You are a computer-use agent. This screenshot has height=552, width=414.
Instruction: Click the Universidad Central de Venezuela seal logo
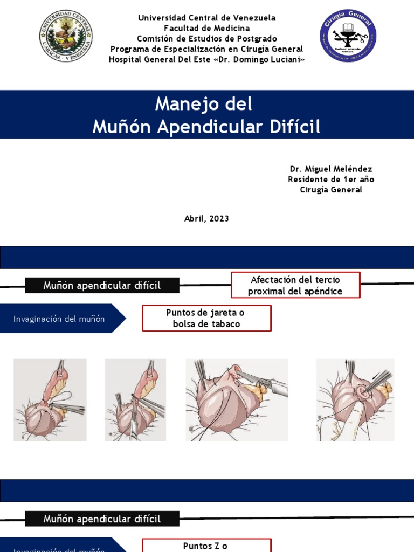click(x=66, y=36)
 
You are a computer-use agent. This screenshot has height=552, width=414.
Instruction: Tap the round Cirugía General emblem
click(x=348, y=36)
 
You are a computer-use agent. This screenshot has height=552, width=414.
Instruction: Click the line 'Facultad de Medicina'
click(x=206, y=28)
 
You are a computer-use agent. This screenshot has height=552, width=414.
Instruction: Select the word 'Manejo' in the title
click(x=182, y=103)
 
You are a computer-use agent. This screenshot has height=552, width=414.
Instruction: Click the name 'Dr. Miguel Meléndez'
click(x=331, y=169)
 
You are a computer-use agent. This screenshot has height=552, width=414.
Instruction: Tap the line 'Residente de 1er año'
click(x=331, y=180)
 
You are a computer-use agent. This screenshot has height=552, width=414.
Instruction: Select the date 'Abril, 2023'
click(x=206, y=218)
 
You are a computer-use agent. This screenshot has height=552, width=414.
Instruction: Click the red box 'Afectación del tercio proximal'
click(x=295, y=285)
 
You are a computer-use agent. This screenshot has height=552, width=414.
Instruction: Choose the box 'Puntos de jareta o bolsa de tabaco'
click(x=206, y=318)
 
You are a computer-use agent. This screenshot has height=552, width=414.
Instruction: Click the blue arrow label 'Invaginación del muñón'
click(x=59, y=319)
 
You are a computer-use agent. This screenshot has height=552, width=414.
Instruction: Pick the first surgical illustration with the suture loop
click(x=50, y=400)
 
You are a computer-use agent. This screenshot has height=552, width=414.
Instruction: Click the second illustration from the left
click(x=135, y=400)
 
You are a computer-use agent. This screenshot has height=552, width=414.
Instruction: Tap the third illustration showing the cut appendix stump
click(x=237, y=400)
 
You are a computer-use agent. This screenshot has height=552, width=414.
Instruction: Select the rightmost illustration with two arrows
click(x=355, y=400)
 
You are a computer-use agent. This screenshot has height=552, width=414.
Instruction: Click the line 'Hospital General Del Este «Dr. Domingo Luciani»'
click(x=206, y=59)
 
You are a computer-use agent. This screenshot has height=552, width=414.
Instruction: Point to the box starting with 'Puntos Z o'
click(x=206, y=545)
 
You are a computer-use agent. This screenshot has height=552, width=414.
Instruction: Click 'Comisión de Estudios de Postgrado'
click(x=206, y=38)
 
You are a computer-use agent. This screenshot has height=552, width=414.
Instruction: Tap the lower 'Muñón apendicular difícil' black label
click(x=102, y=519)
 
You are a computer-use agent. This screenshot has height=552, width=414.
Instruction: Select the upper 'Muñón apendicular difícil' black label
click(x=102, y=286)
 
